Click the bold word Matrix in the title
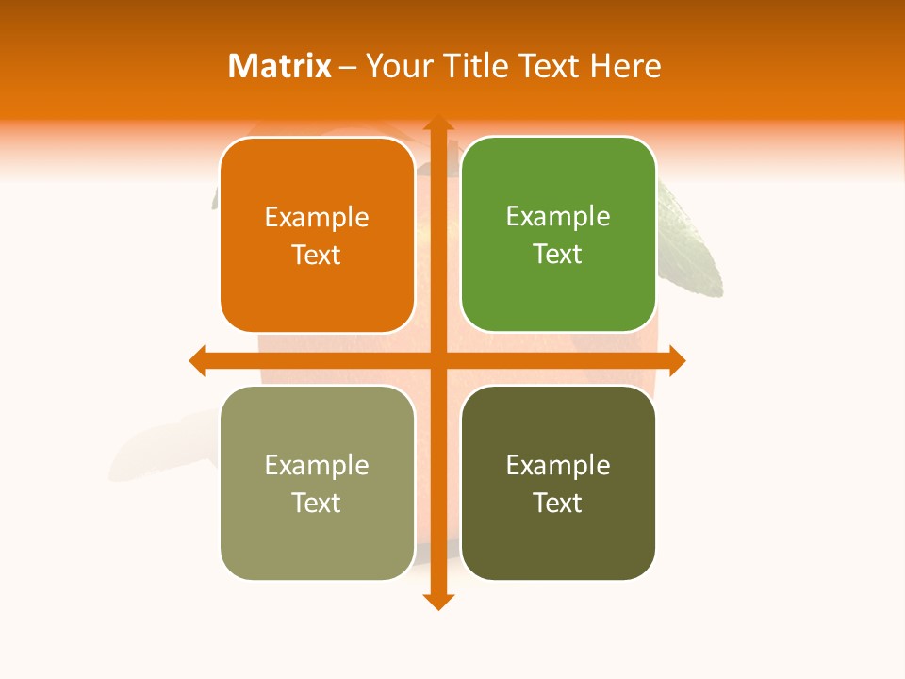coord(280,66)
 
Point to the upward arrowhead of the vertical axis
coord(437,123)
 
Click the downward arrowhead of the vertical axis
coord(437,602)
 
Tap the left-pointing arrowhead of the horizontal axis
coord(197,360)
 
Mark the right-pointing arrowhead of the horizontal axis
coord(677,360)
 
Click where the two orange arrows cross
coord(437,360)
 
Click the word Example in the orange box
coord(317,218)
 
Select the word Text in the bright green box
coord(558,255)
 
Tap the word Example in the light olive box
coord(317,466)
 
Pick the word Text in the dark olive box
coord(558,504)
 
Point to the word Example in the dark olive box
coord(558,466)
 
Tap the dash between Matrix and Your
coord(348,67)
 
